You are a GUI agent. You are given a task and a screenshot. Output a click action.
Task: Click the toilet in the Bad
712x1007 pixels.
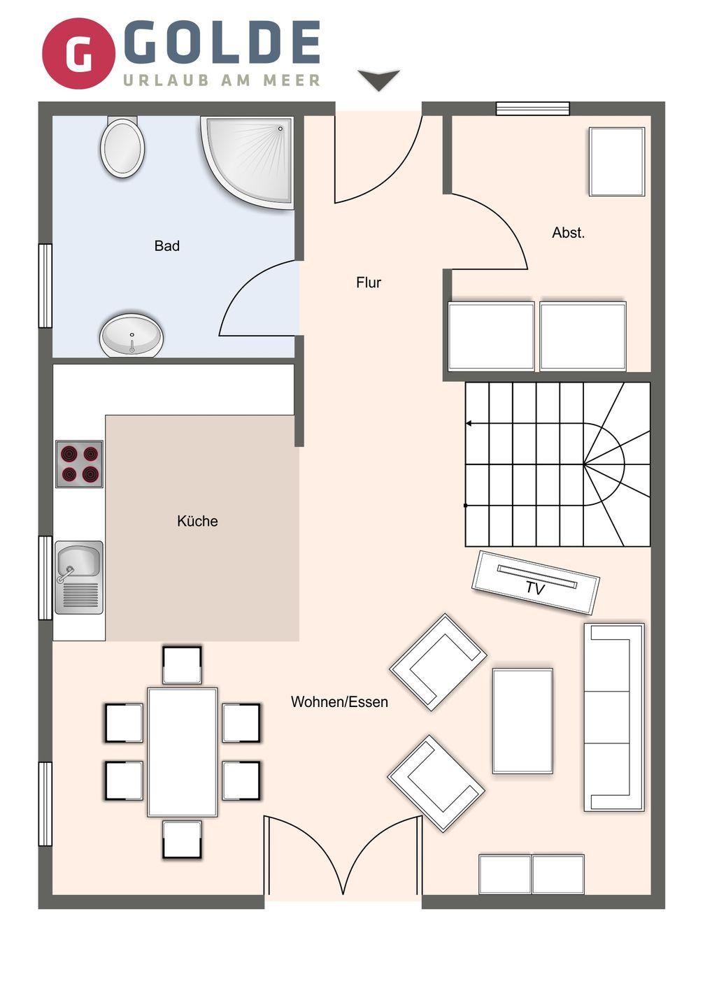coord(122,147)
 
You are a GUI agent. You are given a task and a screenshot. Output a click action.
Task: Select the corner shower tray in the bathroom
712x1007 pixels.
coord(252,157)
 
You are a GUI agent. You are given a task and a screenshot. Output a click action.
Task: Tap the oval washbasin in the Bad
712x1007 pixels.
coord(131,336)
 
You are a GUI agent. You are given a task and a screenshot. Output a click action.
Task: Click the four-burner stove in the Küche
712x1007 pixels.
coord(79,464)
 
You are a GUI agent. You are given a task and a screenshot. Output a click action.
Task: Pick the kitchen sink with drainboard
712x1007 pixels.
coord(78,577)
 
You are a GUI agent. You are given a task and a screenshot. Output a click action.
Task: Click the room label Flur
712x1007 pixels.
coord(369,283)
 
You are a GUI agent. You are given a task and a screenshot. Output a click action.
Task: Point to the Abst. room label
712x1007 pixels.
coord(568,233)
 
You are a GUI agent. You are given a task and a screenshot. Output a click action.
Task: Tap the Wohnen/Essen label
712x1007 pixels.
coord(339,702)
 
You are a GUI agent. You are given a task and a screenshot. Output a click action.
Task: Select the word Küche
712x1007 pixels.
coord(197,521)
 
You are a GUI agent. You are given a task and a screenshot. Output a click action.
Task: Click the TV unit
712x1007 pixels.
coord(535,582)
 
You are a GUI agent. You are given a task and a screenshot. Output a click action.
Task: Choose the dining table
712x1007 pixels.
coord(183,752)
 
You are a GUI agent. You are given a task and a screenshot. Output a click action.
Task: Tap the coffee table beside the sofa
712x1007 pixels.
coord(522,721)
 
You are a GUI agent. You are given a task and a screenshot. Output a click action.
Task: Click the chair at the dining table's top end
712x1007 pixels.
coord(182,665)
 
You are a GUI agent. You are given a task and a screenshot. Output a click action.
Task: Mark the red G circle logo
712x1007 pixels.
coord(78,53)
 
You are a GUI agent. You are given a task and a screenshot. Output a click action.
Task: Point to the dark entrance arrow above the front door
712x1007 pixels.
coord(378,80)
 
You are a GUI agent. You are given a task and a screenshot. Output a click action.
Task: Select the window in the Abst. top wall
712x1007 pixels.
coord(533,108)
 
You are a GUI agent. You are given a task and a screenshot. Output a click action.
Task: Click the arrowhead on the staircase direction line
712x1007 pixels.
coord(469,424)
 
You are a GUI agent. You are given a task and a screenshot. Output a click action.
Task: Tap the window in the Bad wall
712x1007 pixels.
coord(45,285)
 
